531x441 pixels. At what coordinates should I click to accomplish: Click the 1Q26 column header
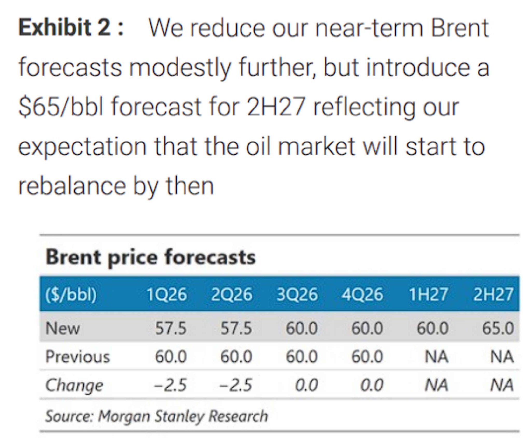(166, 295)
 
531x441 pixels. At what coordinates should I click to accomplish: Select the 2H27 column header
(493, 295)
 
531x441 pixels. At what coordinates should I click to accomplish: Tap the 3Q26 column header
(297, 295)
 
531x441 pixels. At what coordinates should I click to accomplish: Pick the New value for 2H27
(498, 328)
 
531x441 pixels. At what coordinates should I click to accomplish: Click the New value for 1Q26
(171, 328)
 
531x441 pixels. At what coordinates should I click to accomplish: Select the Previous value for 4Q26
(367, 356)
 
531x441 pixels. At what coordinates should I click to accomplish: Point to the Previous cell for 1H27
(436, 356)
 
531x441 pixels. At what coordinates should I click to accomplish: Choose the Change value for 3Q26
(306, 385)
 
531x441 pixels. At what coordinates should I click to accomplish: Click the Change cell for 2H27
(502, 385)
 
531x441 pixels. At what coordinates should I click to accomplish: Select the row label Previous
(78, 357)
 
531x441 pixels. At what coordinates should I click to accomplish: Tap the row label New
(62, 328)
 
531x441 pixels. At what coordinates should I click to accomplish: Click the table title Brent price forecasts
(150, 257)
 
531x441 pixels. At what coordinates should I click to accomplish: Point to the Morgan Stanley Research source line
(156, 416)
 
